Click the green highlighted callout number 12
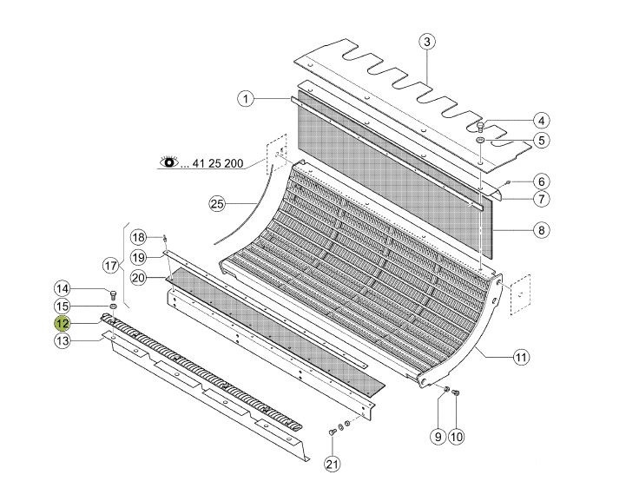pos(63,323)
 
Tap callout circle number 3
pos(427,42)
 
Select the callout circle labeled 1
pos(246,99)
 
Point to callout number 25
pos(217,204)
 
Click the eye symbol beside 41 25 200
pos(169,162)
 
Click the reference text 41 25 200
pos(218,163)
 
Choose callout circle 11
pos(521,357)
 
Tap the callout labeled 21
pos(333,464)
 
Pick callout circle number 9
pos(438,437)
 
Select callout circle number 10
pos(457,437)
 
